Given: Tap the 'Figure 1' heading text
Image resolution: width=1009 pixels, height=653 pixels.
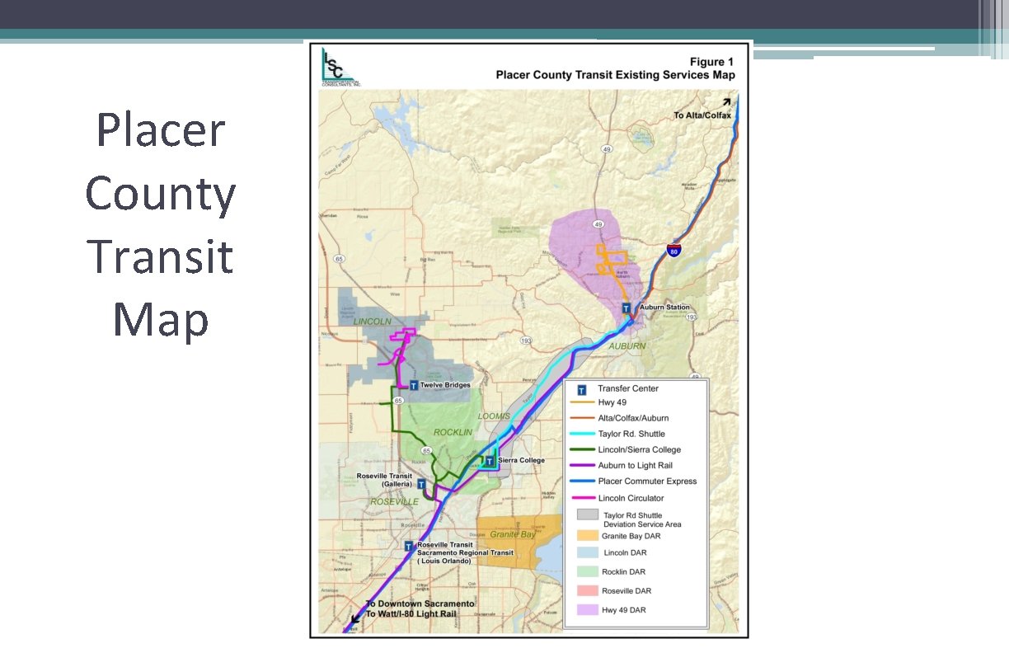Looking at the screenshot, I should [711, 62].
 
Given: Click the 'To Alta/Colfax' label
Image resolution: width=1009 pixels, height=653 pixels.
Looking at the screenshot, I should [702, 115].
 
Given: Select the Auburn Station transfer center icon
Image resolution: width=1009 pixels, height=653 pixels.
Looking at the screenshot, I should [627, 308].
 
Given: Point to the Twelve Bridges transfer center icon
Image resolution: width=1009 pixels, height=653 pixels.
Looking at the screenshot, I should [413, 385].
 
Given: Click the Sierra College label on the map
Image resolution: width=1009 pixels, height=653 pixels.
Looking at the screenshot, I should [521, 460].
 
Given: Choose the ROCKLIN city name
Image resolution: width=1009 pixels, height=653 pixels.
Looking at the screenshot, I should [453, 432].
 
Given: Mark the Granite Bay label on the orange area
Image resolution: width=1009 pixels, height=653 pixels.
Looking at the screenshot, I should [512, 534].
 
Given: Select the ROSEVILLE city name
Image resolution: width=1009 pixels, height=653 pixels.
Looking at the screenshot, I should [394, 501].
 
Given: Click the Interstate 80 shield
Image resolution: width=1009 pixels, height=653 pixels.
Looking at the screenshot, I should [673, 250].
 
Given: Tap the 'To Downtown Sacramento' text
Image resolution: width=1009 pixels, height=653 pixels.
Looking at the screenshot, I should [420, 604].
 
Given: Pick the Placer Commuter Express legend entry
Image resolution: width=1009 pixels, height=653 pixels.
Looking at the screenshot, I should [647, 482].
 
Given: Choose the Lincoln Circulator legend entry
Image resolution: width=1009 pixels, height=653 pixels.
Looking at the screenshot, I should [631, 498].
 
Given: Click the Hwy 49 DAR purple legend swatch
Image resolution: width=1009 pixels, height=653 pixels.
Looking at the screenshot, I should [587, 609].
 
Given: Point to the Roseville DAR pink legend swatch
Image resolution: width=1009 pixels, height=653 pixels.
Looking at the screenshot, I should [587, 590].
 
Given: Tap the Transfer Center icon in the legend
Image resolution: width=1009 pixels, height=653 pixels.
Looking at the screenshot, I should [582, 389].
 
